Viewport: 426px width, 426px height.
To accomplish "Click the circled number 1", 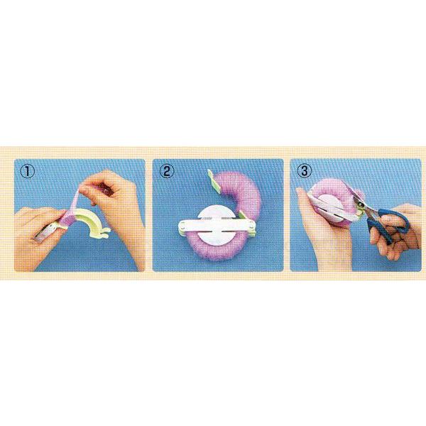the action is pyautogui.click(x=28, y=172).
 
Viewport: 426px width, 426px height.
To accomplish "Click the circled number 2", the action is pyautogui.click(x=167, y=172).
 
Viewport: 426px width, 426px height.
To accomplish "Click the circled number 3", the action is pyautogui.click(x=305, y=171).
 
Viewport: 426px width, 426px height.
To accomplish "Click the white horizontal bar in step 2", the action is pyautogui.click(x=217, y=226).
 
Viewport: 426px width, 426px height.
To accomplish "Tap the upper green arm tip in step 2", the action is pyautogui.click(x=214, y=180).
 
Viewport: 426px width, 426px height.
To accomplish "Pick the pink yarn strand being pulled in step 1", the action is pyautogui.click(x=75, y=201).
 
